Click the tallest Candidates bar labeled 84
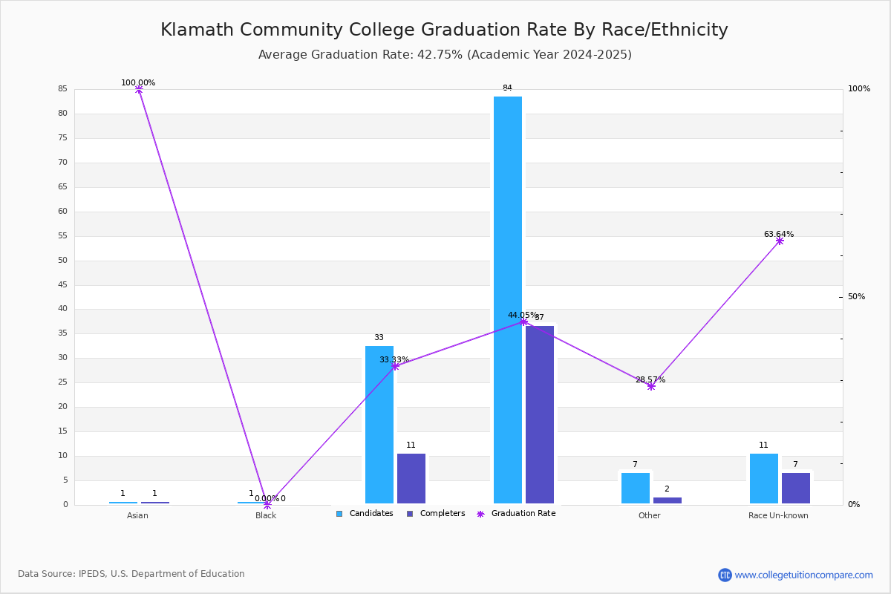click(508, 300)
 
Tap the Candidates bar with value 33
click(379, 425)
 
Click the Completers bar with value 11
click(411, 478)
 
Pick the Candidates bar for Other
click(636, 488)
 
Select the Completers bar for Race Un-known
click(796, 488)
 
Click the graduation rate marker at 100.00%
click(139, 90)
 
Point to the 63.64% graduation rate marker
click(780, 241)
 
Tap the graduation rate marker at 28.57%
click(651, 386)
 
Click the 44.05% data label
click(523, 315)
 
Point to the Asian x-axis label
click(137, 515)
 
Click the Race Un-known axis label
click(778, 515)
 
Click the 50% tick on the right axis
click(856, 297)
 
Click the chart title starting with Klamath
click(444, 30)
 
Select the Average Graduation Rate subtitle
click(444, 55)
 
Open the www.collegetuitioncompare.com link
click(803, 575)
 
